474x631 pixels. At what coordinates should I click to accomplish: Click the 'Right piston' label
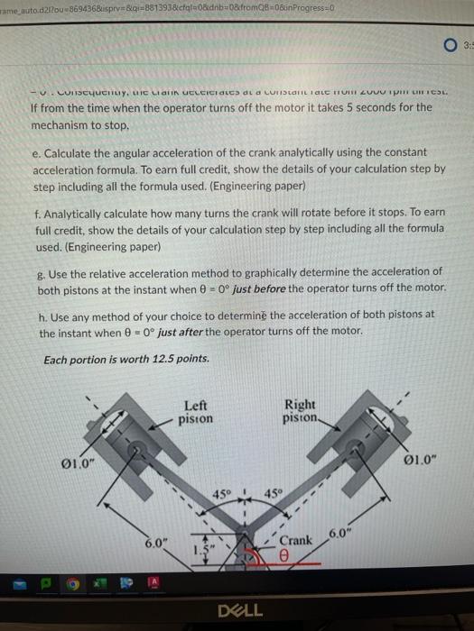[301, 412]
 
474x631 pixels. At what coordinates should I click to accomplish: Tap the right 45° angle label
[273, 493]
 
